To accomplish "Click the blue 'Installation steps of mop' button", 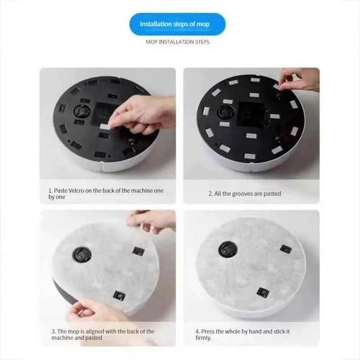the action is point(177,24).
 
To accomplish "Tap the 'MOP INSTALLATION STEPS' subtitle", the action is point(177,42).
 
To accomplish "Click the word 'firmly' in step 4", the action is point(203,338).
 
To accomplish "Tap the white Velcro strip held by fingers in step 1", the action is point(105,126).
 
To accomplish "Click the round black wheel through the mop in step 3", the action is point(82,255).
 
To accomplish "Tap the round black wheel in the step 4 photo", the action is point(228,249).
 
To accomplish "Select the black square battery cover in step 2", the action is point(251,115).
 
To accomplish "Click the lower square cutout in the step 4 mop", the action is point(263,292).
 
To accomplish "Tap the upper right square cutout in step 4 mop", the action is point(286,249).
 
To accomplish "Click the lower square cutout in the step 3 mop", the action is point(119,296).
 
